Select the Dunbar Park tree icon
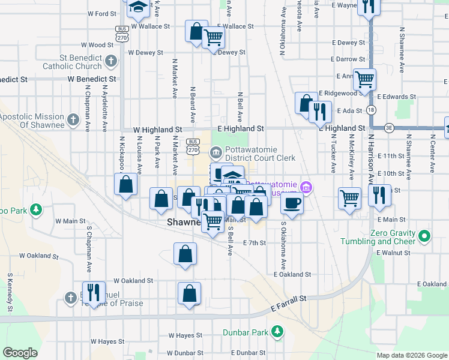[277, 331]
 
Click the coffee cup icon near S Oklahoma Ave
[292, 203]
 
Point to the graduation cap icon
[138, 7]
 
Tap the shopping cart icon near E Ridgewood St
[364, 79]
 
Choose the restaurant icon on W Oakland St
[93, 292]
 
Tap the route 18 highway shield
[372, 110]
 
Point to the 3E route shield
[389, 127]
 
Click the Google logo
[20, 353]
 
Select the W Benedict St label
[92, 79]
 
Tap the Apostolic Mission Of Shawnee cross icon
[73, 119]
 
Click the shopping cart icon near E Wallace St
[214, 38]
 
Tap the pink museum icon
[306, 188]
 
